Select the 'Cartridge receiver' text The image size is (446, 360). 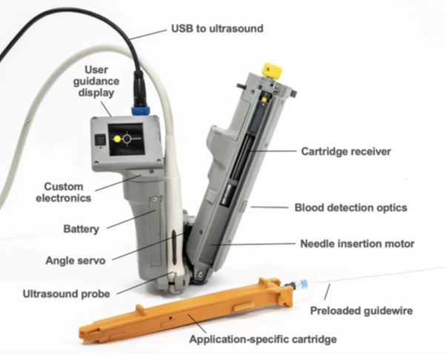[x=345, y=151]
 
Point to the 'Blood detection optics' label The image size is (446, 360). [x=350, y=208]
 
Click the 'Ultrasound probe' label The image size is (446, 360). [x=66, y=294]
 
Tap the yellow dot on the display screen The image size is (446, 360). [x=116, y=139]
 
